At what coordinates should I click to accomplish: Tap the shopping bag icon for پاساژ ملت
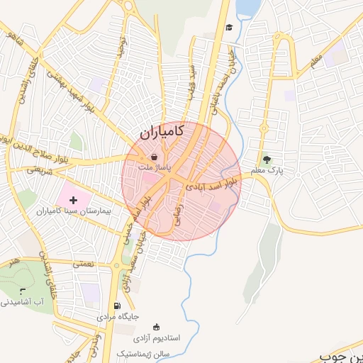155,157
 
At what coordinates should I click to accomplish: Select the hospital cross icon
73,201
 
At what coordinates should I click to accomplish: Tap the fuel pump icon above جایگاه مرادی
117,306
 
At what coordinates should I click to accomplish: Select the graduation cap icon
229,28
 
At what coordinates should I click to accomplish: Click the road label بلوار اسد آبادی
213,184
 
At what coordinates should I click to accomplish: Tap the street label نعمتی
82,263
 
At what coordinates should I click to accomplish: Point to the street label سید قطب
191,82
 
